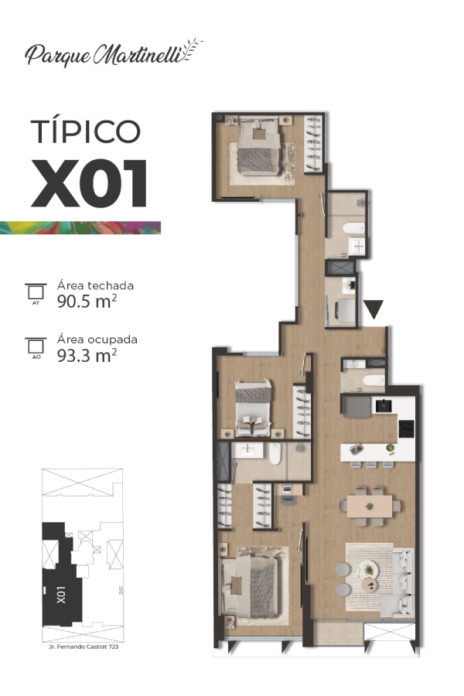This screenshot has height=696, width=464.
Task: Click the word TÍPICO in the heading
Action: [x=86, y=131]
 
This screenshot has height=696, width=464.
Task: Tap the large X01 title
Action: [x=89, y=184]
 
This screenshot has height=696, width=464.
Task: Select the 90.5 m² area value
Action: [x=87, y=302]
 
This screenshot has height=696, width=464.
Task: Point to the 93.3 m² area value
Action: [x=87, y=356]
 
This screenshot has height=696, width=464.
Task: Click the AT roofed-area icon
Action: [x=36, y=294]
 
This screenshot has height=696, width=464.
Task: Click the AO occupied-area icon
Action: [x=36, y=348]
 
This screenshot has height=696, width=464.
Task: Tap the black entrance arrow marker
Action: [x=374, y=309]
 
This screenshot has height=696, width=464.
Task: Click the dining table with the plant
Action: [x=370, y=507]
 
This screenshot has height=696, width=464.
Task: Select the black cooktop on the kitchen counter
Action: [x=406, y=428]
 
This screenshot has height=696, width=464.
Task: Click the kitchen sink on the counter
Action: [x=383, y=406]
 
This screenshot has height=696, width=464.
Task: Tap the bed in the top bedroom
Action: [x=259, y=145]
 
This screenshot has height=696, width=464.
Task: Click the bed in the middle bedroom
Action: [x=253, y=407]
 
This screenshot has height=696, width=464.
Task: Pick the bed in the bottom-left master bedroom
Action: [x=250, y=586]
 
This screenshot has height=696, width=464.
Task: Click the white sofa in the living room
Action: [x=400, y=582]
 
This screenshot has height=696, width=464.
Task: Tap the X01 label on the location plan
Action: [x=61, y=595]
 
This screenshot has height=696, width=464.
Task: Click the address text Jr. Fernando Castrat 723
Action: [x=84, y=647]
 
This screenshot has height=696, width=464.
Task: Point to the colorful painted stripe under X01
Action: [x=80, y=227]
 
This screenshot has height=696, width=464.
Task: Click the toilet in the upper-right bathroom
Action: [x=354, y=228]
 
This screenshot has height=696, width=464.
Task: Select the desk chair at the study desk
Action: [x=288, y=500]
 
